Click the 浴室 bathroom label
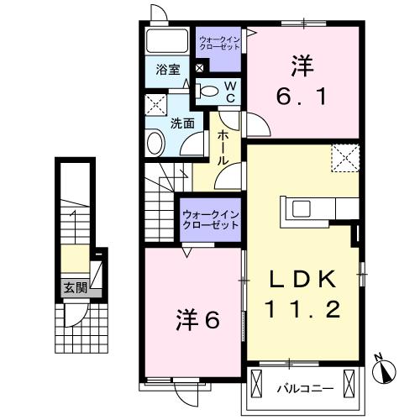[167, 71]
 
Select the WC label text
[228, 92]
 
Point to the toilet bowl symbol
[208, 91]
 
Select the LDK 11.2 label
[304, 294]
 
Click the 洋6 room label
[197, 319]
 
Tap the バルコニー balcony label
[305, 388]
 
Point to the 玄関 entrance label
[74, 286]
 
